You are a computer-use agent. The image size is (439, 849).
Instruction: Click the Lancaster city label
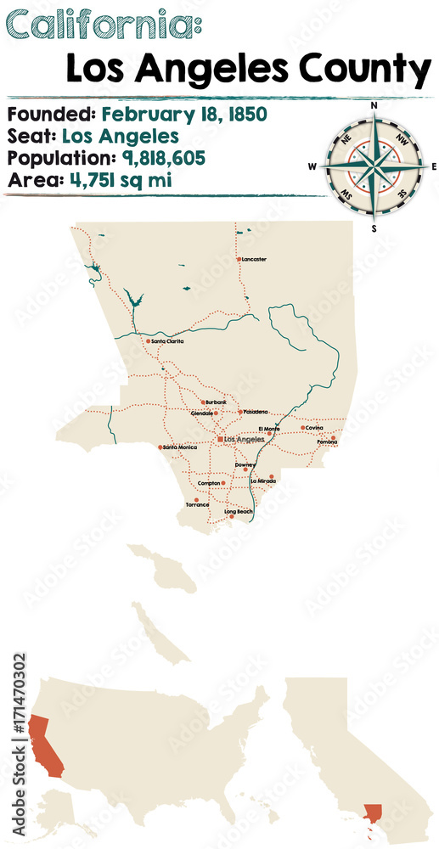pyautogui.click(x=254, y=259)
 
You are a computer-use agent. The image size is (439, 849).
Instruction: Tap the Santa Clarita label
pyautogui.click(x=168, y=341)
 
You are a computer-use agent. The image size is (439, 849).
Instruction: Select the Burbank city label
pyautogui.click(x=216, y=402)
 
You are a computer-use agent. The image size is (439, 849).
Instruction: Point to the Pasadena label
pyautogui.click(x=256, y=412)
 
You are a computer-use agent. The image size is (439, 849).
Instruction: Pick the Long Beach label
pyautogui.click(x=238, y=512)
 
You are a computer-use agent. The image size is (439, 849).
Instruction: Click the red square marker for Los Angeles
pyautogui.click(x=220, y=439)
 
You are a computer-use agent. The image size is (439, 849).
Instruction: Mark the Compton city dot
pyautogui.click(x=224, y=483)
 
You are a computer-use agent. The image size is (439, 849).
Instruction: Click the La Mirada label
pyautogui.click(x=263, y=481)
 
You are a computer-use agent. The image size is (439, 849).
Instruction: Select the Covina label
pyautogui.click(x=314, y=427)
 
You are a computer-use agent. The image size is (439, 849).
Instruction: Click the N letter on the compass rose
pyautogui.click(x=374, y=104)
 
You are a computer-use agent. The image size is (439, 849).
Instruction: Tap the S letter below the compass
pyautogui.click(x=374, y=228)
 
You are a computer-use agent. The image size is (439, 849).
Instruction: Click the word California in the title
pyautogui.click(x=98, y=25)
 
